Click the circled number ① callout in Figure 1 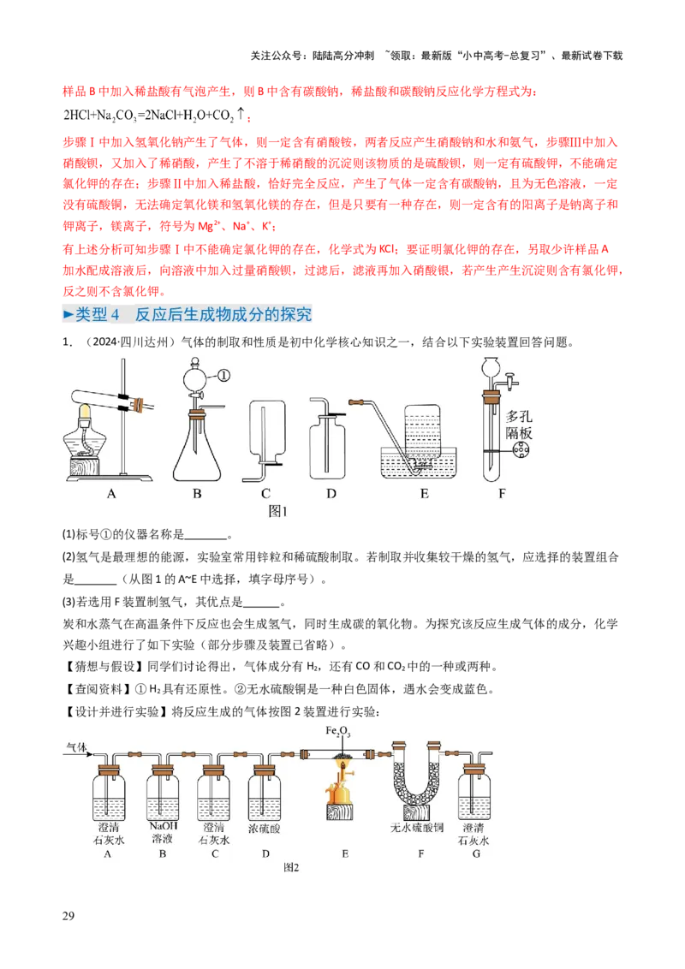click(223, 375)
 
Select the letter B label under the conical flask click(197, 493)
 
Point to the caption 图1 click(277, 511)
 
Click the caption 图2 click(291, 867)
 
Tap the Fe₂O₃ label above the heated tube click(338, 731)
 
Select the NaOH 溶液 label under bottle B click(164, 832)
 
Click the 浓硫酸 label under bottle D click(264, 828)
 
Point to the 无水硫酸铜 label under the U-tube click(417, 828)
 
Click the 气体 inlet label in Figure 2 click(76, 747)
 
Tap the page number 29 click(68, 916)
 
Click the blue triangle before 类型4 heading click(68, 314)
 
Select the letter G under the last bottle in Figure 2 click(476, 853)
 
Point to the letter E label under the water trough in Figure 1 click(424, 493)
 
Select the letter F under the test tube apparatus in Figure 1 click(502, 493)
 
